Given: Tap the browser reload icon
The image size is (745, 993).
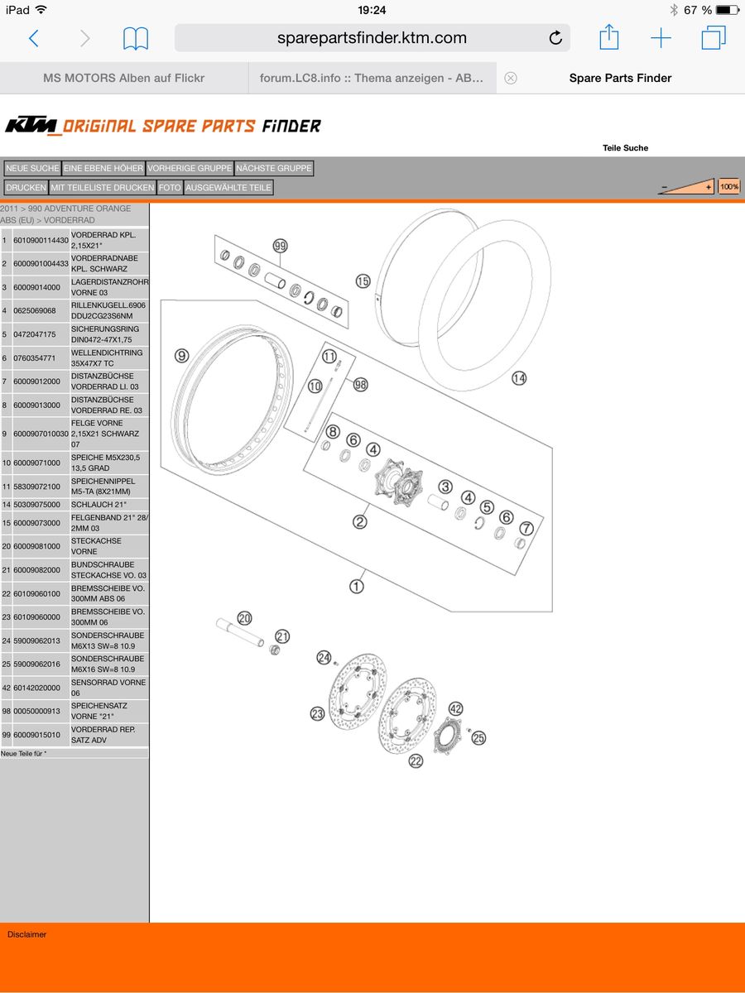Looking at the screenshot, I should click(x=555, y=38).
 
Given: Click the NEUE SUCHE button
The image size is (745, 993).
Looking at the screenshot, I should click(x=32, y=168).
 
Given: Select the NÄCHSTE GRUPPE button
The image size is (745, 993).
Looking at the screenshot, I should click(x=274, y=168).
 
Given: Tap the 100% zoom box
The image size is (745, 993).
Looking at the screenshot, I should click(x=729, y=187).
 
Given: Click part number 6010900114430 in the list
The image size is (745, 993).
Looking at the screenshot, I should click(x=41, y=241).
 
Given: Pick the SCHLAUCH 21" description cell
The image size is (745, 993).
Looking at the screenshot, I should click(x=109, y=505).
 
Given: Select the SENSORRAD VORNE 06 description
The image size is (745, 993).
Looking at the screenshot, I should click(x=109, y=688).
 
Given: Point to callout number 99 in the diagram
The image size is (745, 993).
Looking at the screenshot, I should click(x=280, y=247).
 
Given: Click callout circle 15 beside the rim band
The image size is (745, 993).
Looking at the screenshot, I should click(x=363, y=281).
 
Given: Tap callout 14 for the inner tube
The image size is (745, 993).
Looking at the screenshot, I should click(x=518, y=379).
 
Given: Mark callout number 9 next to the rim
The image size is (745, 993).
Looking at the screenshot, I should click(x=182, y=356).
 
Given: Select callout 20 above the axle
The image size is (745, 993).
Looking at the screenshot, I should click(x=244, y=617).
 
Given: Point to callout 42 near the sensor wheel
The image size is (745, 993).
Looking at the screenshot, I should click(x=455, y=708).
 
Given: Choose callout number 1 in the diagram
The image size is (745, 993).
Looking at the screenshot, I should click(x=356, y=586).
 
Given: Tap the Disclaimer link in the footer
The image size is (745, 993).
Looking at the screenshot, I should click(x=27, y=934).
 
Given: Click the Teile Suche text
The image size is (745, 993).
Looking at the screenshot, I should click(x=625, y=148).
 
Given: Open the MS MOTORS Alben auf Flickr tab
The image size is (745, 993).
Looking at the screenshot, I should click(x=123, y=78).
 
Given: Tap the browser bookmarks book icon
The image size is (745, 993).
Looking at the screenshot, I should click(x=136, y=38).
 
